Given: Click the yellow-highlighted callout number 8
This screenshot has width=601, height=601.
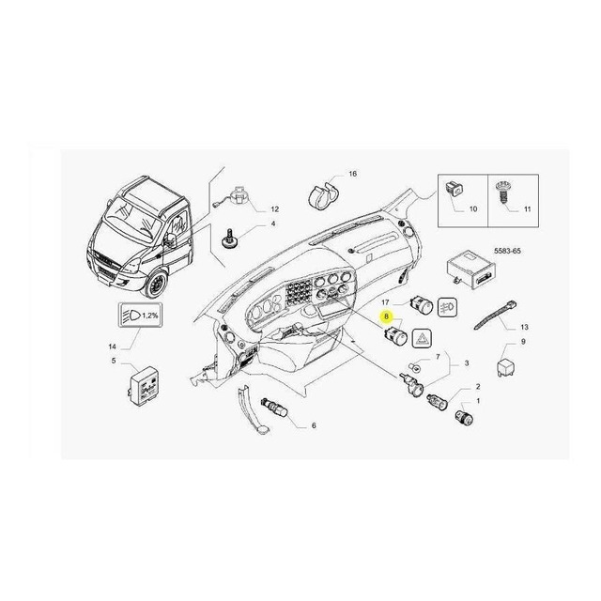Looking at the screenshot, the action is coord(386,316).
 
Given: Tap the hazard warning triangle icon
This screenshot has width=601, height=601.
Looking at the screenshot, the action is coord(422,339).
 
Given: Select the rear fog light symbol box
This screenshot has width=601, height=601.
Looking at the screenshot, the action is coord(447,307).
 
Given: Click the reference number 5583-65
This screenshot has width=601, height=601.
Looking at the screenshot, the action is coord(507,251).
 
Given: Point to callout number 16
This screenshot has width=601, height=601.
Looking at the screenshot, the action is coord(353,174).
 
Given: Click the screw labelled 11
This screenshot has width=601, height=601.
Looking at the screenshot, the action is coord(501,193).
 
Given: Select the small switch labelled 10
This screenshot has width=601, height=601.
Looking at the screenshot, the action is coord(455,188).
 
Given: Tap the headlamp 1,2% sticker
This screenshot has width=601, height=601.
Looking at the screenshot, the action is coord(140,316).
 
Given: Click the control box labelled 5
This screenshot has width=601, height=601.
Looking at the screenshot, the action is coord(143,386).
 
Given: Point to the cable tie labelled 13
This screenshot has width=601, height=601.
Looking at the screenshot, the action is coord(496,316).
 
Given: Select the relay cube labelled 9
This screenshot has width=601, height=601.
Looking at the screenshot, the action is coord(505,367).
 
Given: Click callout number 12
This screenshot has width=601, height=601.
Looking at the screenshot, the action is coord(275,209).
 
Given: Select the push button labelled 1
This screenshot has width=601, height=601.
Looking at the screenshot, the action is coord(465,417).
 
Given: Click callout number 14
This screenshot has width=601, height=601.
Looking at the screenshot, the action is coord(112,347).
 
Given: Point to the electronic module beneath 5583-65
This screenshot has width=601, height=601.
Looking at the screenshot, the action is coord(471,268).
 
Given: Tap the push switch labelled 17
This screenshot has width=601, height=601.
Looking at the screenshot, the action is coord(422,305).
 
